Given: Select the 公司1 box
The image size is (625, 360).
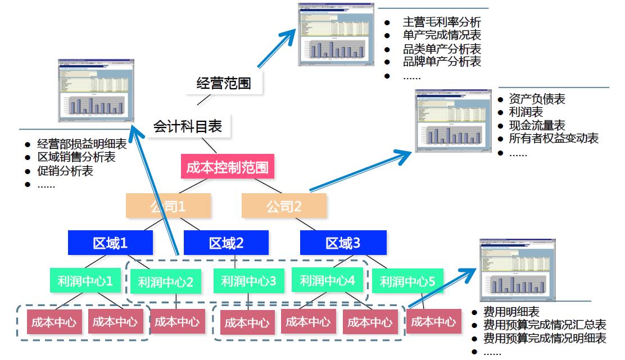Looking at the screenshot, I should [x=168, y=206].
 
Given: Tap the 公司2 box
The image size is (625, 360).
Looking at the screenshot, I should [x=284, y=206].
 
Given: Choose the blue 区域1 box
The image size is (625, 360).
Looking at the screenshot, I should [x=110, y=243].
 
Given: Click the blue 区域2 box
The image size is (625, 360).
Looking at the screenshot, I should [x=226, y=243].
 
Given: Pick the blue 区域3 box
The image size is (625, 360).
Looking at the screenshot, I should [x=343, y=243].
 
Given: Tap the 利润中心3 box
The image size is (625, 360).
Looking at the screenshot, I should [x=248, y=281].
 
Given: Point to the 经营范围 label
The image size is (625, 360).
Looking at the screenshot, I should [x=223, y=84].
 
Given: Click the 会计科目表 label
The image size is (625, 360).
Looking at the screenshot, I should [x=188, y=126].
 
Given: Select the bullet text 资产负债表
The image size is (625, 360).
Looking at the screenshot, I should [x=537, y=99].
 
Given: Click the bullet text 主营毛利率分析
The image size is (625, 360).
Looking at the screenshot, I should [x=442, y=22].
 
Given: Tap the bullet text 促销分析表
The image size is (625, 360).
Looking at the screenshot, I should [x=65, y=171].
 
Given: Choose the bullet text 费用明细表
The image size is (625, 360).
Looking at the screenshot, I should [x=511, y=312].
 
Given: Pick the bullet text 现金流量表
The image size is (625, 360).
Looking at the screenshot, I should [x=537, y=125].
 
